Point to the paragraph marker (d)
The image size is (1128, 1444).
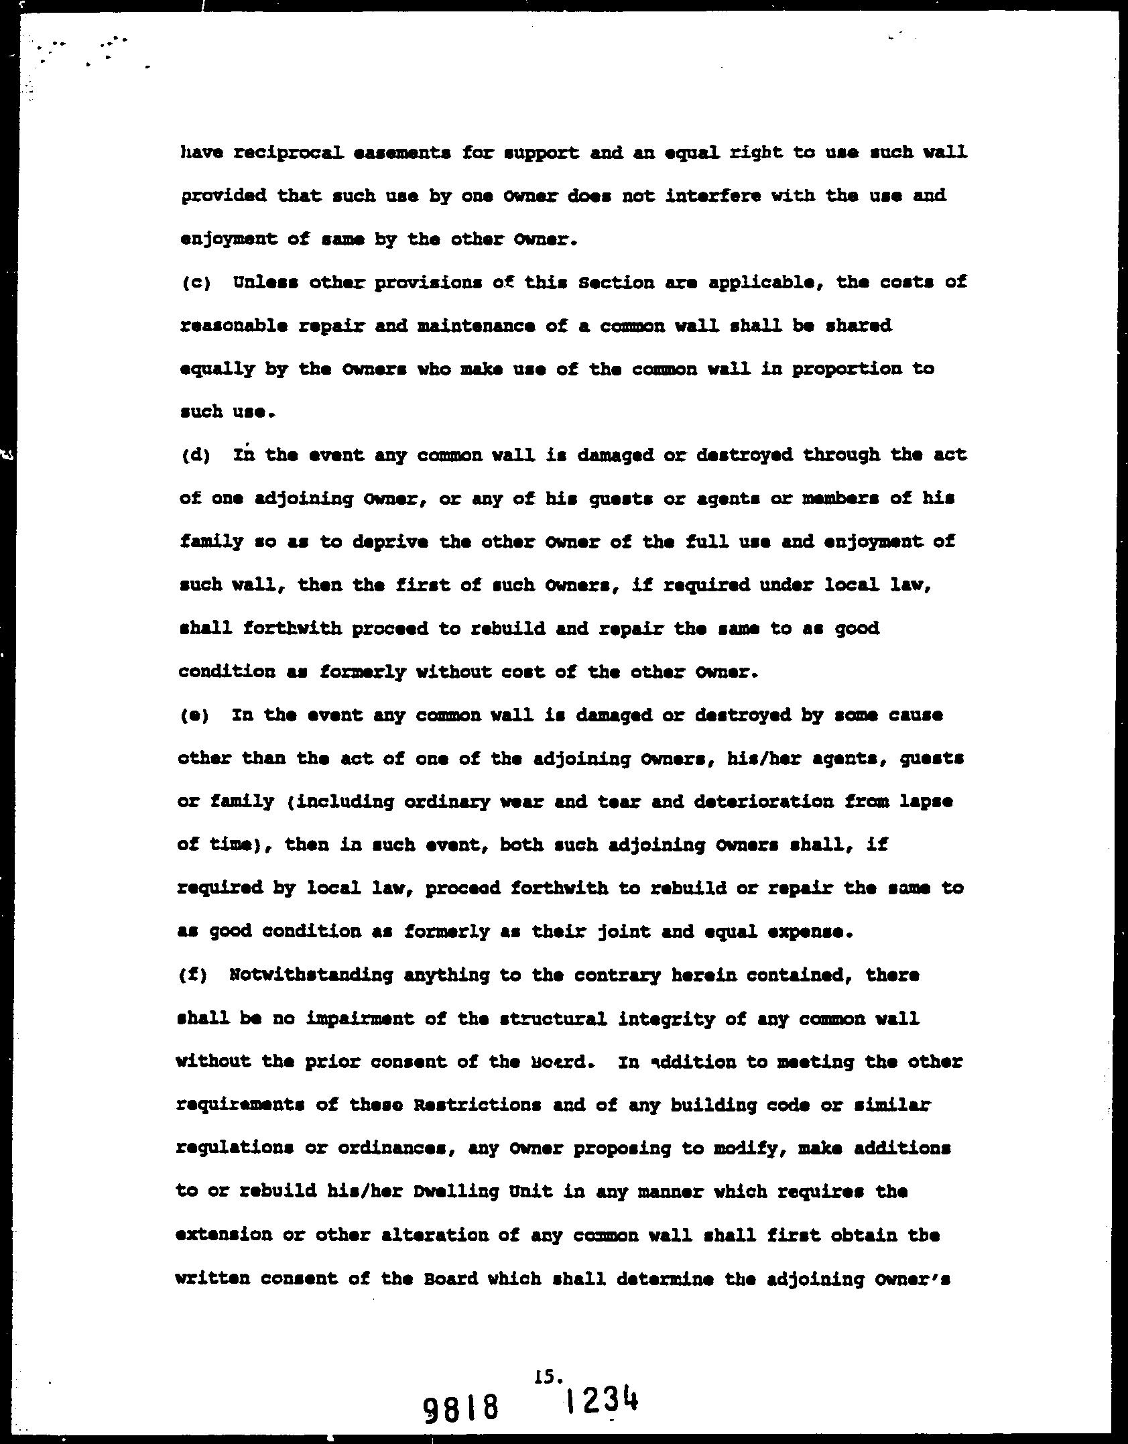point(195,456)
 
